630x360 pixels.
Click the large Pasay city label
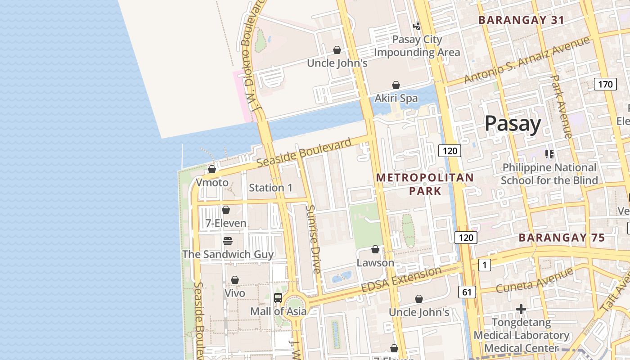(513, 124)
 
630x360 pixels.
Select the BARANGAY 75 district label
(562, 238)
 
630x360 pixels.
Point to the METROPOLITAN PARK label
(425, 184)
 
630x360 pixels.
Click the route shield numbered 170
(605, 84)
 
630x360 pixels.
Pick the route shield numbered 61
(467, 292)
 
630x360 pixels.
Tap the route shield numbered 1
(484, 265)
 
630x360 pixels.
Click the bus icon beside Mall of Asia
(278, 297)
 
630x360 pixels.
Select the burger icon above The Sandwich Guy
(227, 241)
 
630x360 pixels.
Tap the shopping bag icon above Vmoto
(211, 169)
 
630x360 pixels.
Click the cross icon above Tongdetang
(521, 309)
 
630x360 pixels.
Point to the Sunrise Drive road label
(313, 239)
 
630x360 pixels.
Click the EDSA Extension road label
(401, 279)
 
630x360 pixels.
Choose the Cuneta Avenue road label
(535, 280)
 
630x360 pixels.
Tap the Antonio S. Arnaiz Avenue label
(526, 60)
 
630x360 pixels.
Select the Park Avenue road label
(561, 107)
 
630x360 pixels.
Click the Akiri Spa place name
(396, 98)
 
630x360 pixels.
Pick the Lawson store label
(375, 263)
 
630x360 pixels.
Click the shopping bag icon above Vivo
(234, 280)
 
